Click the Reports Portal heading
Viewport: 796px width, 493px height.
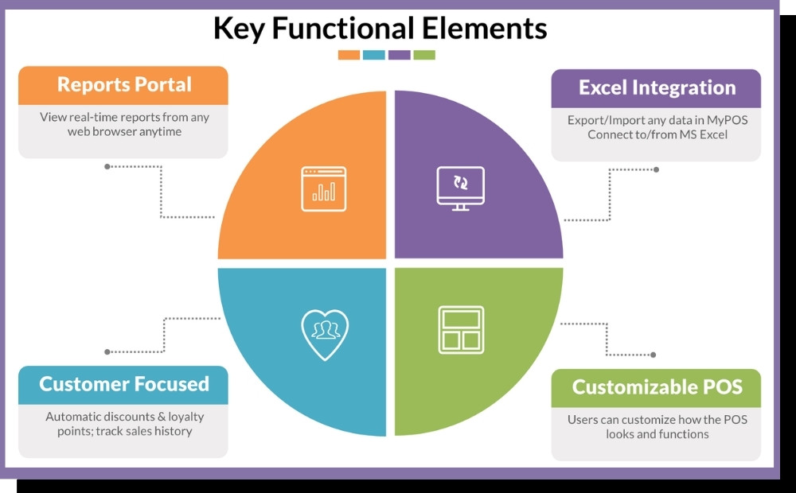tap(124, 85)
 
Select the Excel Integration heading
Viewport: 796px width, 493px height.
tap(657, 88)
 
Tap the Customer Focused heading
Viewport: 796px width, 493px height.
tap(124, 384)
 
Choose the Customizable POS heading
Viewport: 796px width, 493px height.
tap(657, 387)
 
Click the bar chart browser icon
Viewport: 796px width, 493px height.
tap(323, 189)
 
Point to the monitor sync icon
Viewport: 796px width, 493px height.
tap(460, 188)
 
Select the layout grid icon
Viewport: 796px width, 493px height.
tap(460, 329)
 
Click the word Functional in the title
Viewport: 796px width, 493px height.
tap(340, 29)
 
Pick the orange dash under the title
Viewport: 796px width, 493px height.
tap(349, 55)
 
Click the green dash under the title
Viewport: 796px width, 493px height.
tap(424, 55)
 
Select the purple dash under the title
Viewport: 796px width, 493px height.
tap(400, 55)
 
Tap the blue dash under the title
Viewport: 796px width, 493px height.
tap(374, 55)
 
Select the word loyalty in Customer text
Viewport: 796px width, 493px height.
tap(185, 417)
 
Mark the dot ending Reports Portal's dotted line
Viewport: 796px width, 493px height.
tap(107, 166)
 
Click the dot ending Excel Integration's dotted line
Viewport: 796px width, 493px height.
tap(656, 169)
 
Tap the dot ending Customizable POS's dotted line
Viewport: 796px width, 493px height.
tap(654, 355)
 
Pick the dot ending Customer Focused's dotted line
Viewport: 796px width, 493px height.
tap(107, 351)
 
